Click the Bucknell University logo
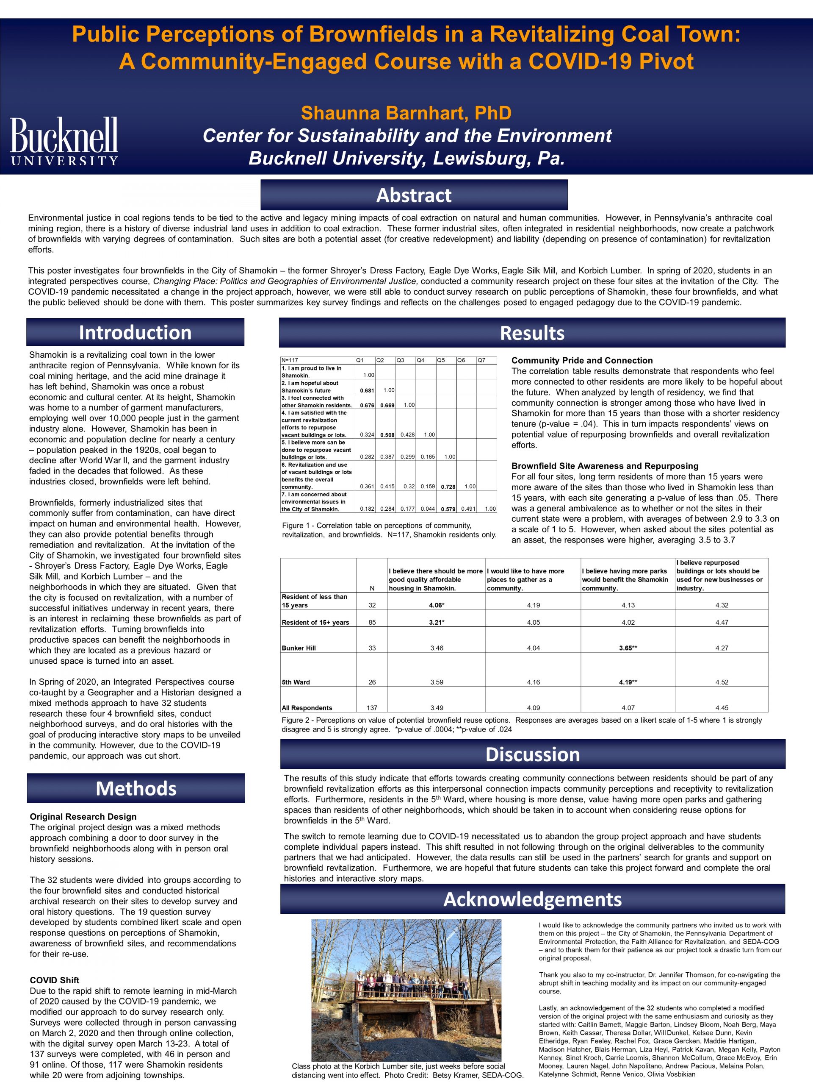(64, 141)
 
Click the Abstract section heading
(414, 195)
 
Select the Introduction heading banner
(135, 333)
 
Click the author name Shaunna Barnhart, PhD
(406, 113)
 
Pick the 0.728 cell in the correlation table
(448, 487)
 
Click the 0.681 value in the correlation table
(367, 390)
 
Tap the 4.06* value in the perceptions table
(436, 605)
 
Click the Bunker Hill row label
(299, 648)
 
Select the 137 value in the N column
(372, 708)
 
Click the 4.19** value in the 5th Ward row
(628, 682)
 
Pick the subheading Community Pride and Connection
(582, 361)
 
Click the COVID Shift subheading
(54, 980)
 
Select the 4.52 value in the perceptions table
(722, 682)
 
